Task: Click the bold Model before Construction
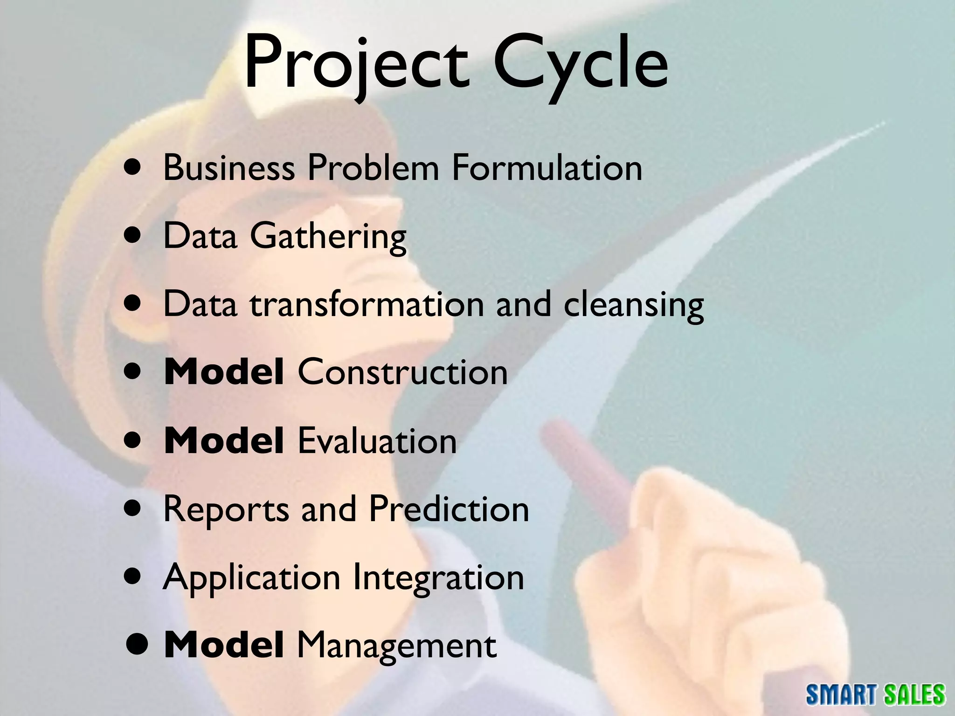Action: pyautogui.click(x=224, y=372)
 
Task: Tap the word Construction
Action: pyautogui.click(x=402, y=372)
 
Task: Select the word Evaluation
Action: pyautogui.click(x=377, y=441)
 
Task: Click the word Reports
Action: pyautogui.click(x=226, y=509)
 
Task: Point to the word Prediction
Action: pyautogui.click(x=449, y=509)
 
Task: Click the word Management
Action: pyautogui.click(x=396, y=646)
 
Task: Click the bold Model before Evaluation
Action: pyautogui.click(x=224, y=441)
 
